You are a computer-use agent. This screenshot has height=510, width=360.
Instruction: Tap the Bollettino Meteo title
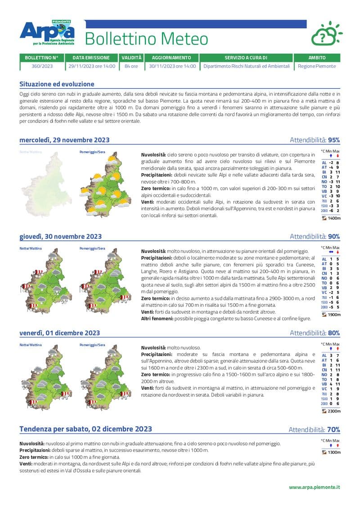click(146, 39)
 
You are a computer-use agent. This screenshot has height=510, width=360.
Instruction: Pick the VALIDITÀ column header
click(131, 58)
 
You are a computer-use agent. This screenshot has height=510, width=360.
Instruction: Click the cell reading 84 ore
click(131, 66)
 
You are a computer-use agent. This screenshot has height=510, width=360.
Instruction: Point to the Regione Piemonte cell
click(317, 66)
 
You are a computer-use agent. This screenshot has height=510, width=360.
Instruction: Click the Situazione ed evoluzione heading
click(57, 84)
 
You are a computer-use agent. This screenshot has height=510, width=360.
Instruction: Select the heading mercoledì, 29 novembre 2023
click(64, 140)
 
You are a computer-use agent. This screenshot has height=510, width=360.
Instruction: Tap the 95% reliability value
click(334, 140)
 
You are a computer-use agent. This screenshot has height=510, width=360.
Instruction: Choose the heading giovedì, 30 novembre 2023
click(60, 236)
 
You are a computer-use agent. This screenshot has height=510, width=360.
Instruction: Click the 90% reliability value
click(334, 236)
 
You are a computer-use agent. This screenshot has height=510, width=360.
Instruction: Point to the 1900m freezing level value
click(334, 315)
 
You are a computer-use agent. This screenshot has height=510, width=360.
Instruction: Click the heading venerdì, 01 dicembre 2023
click(59, 333)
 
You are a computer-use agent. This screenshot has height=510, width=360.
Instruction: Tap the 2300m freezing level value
click(334, 411)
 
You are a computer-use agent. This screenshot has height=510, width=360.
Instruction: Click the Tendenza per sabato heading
click(85, 429)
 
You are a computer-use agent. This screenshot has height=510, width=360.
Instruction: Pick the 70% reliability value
click(333, 429)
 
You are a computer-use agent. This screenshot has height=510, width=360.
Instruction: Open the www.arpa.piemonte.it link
click(314, 487)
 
